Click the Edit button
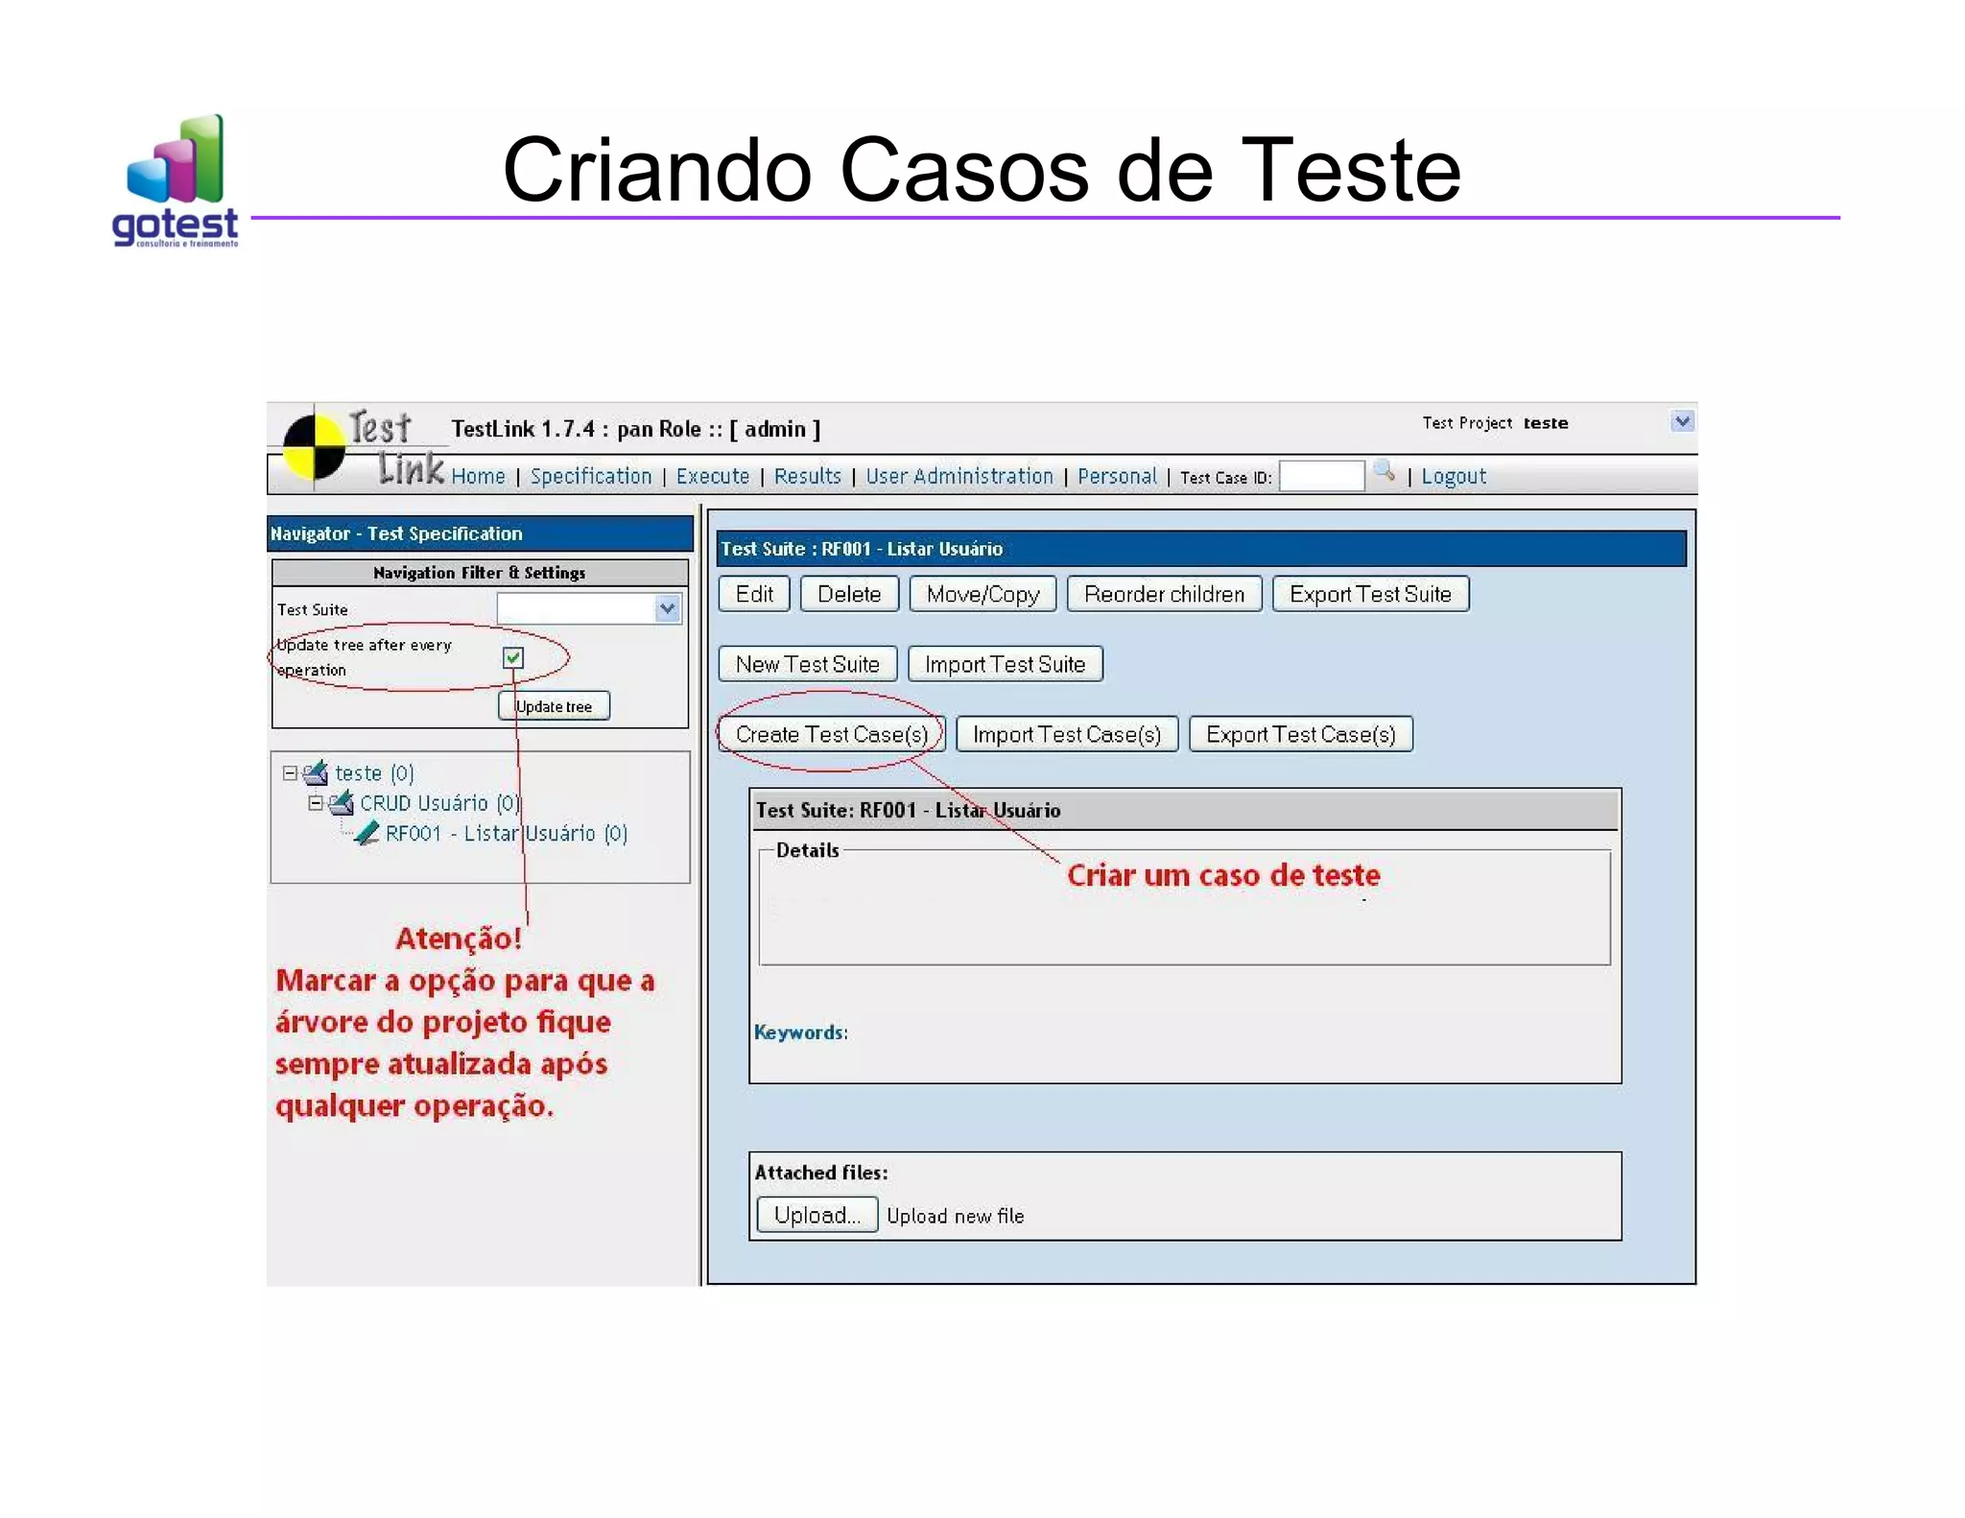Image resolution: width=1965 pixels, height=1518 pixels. coord(754,594)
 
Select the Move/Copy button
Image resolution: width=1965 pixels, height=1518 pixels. coord(982,594)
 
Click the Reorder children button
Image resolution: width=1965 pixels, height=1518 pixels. coord(1164,594)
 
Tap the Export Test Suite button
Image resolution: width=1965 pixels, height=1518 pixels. coord(1370,594)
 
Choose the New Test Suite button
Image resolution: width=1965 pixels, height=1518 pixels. coord(807,664)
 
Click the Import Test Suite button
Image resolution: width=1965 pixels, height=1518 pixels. coord(1005,664)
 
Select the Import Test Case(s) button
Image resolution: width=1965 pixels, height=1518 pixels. coord(1067,734)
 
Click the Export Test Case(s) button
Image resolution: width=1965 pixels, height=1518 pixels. coord(1300,734)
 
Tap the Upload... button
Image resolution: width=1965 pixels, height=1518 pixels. coord(817,1215)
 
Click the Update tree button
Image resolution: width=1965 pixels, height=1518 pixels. coord(554,706)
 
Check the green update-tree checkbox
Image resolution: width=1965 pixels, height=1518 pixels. coord(513,657)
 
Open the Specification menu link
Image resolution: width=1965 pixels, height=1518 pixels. coord(590,477)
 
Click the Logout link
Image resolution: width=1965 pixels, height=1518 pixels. coord(1453,477)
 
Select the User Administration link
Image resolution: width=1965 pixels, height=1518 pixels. coord(959,477)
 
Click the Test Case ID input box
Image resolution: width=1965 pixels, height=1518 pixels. coord(1321,477)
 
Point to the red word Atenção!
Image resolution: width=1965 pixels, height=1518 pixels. coord(459,937)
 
